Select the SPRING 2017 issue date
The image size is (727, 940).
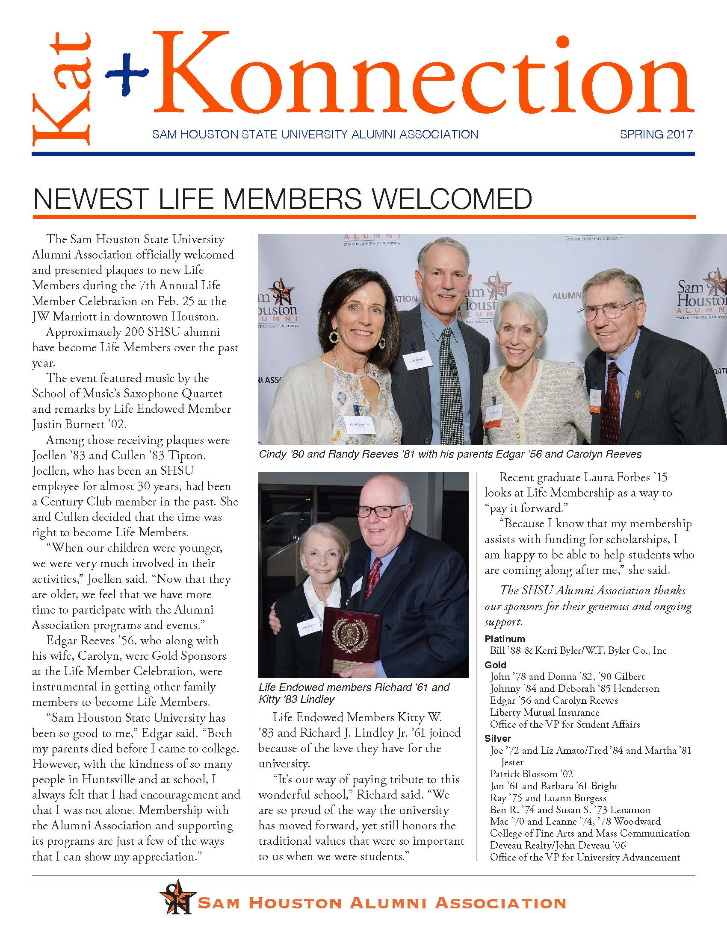pyautogui.click(x=656, y=134)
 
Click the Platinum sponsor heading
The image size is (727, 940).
pyautogui.click(x=504, y=639)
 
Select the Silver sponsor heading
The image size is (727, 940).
pyautogui.click(x=497, y=738)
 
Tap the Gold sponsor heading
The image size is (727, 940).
pyautogui.click(x=495, y=665)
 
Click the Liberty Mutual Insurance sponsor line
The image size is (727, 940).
pyautogui.click(x=544, y=713)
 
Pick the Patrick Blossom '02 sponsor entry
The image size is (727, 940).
pyautogui.click(x=532, y=774)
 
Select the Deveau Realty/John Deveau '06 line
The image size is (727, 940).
pyautogui.click(x=558, y=845)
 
